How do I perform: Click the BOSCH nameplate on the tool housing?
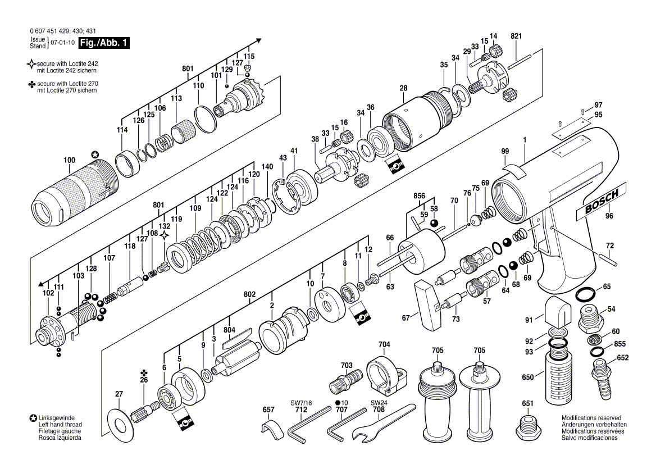(x=601, y=202)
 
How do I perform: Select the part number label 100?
(x=70, y=160)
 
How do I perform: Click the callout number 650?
(x=527, y=377)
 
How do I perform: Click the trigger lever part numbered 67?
(x=428, y=306)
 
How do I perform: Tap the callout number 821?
(x=516, y=36)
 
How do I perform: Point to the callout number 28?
(x=403, y=88)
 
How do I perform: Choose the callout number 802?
(x=249, y=294)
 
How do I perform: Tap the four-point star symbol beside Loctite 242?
(x=31, y=64)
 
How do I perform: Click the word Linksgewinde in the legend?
(x=57, y=418)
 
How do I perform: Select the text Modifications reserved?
(x=591, y=418)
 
